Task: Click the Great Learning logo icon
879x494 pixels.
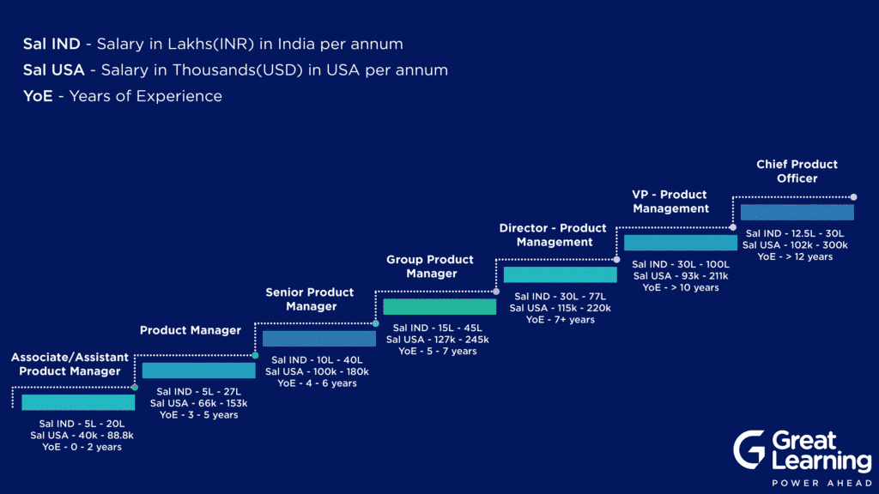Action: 749,449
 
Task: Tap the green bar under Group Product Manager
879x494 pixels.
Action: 439,306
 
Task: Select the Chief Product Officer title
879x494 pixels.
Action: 797,171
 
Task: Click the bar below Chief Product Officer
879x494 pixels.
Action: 797,212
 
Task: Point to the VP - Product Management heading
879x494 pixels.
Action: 670,201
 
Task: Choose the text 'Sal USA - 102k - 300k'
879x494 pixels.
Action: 795,244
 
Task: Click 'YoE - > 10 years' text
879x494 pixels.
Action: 681,287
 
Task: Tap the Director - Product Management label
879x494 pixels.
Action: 554,235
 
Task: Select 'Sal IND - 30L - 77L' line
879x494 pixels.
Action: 560,296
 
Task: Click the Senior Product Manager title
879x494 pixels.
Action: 310,299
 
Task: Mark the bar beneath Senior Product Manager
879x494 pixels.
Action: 319,338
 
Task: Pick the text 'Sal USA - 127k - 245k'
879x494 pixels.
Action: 437,340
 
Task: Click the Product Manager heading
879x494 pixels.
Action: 191,330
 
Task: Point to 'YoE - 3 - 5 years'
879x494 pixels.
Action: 199,415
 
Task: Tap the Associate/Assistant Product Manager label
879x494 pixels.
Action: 70,364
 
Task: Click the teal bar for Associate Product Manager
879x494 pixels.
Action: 78,402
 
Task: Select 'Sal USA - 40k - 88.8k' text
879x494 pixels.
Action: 82,435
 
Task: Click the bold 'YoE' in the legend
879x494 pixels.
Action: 38,96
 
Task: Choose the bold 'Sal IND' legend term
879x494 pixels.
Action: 52,44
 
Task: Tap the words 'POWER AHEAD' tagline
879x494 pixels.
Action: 822,483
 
